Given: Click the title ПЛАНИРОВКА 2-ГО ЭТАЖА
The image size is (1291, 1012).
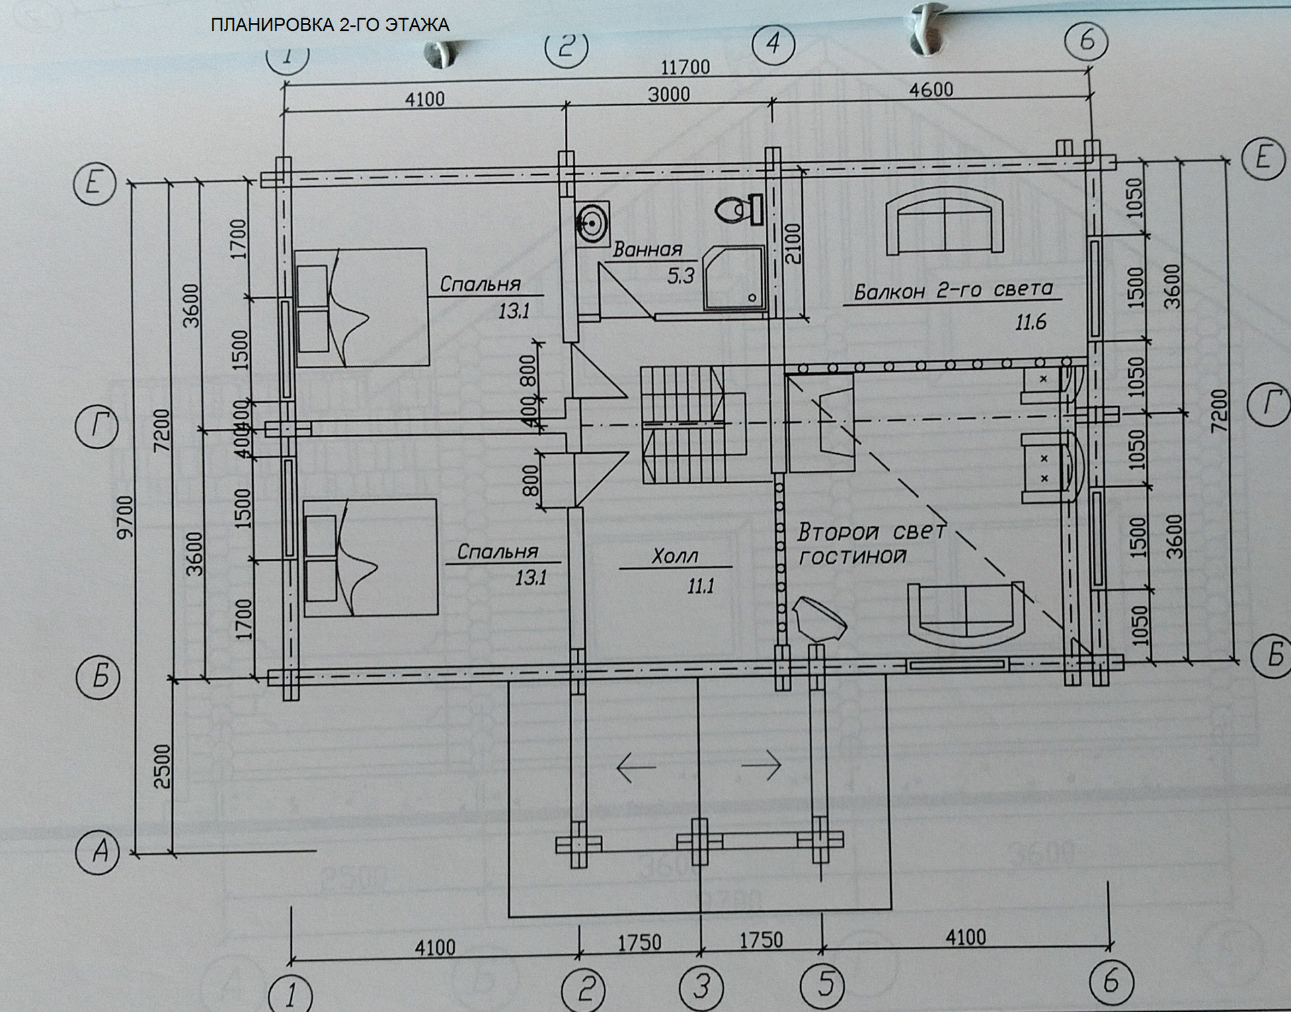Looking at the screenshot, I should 329,26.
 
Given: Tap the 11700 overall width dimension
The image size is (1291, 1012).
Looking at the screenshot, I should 685,67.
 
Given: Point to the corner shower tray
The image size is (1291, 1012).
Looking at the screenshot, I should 734,278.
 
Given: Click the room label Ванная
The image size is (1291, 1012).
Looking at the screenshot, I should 648,250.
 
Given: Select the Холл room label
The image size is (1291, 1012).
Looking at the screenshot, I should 674,557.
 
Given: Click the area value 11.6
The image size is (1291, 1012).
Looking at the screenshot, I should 1030,323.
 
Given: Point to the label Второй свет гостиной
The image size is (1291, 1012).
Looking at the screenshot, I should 871,543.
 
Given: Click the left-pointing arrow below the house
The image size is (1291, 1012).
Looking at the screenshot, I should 635,767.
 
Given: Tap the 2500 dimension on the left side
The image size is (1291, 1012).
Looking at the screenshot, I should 163,766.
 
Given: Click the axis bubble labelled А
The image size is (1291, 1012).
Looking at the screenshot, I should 100,852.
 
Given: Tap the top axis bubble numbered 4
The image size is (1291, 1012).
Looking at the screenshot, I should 773,44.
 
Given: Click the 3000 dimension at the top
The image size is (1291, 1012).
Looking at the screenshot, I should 668,94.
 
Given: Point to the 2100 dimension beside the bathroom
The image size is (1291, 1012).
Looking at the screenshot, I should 793,243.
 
